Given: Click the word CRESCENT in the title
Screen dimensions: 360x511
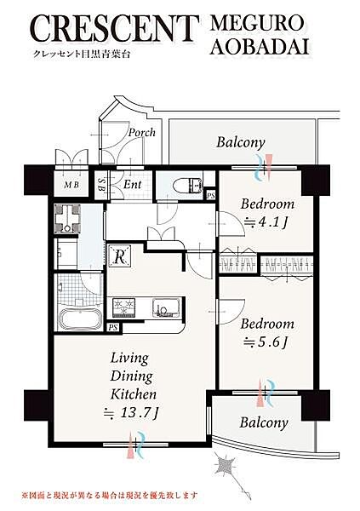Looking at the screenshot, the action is click(x=116, y=29).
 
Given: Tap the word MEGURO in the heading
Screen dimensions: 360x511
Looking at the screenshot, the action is click(x=257, y=24).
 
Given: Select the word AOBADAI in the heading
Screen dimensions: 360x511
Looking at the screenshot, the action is click(x=260, y=47).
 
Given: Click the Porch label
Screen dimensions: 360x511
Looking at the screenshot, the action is click(x=142, y=133).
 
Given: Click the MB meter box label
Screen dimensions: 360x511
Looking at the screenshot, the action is click(x=71, y=185).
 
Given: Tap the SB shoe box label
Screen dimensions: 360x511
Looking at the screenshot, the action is click(x=102, y=185).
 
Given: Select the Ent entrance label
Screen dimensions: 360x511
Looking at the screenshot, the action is click(x=132, y=185).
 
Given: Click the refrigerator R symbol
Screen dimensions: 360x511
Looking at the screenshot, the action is click(x=119, y=256).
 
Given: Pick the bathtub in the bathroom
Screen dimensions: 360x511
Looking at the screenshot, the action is click(x=81, y=319).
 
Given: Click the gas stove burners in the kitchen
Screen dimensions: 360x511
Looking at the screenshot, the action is click(x=123, y=307).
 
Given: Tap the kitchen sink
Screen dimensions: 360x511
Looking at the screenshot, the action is click(x=166, y=307).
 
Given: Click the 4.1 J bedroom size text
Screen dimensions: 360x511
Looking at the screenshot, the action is click(x=266, y=222).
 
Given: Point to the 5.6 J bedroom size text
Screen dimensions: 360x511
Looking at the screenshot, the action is click(x=266, y=342).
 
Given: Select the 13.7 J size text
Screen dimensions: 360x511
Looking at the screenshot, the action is click(x=131, y=414).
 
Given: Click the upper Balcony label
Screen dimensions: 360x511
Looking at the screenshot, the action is click(x=241, y=142).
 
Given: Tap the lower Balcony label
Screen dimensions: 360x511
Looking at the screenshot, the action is click(x=264, y=422).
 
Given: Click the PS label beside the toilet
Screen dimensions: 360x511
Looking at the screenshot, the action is click(x=211, y=195).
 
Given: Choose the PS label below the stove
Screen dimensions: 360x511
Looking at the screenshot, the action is click(x=113, y=328).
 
